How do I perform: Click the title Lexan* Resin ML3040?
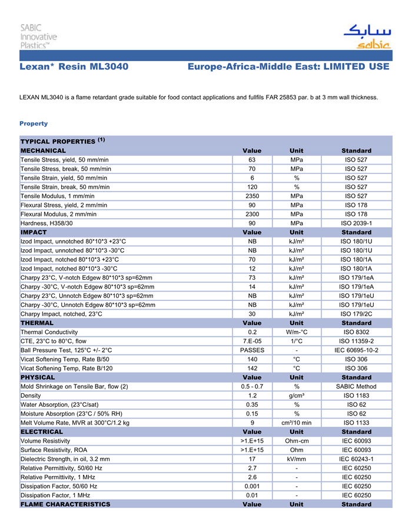74,67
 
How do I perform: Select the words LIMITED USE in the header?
356,67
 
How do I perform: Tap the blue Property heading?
34,123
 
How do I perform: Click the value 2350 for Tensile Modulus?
252,196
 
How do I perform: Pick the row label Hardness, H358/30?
47,223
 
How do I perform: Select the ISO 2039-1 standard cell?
357,223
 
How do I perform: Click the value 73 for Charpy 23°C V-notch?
252,277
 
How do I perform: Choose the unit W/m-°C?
297,332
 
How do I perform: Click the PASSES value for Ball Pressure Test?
252,350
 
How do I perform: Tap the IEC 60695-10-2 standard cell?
357,350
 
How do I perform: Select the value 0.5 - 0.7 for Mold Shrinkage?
252,387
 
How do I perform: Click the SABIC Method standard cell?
357,387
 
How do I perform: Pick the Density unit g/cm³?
297,396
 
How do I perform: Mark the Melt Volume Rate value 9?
252,423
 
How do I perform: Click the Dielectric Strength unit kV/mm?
297,459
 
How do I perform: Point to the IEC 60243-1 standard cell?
357,459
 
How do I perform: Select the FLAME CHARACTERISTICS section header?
65,504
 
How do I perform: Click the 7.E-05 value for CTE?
252,341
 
